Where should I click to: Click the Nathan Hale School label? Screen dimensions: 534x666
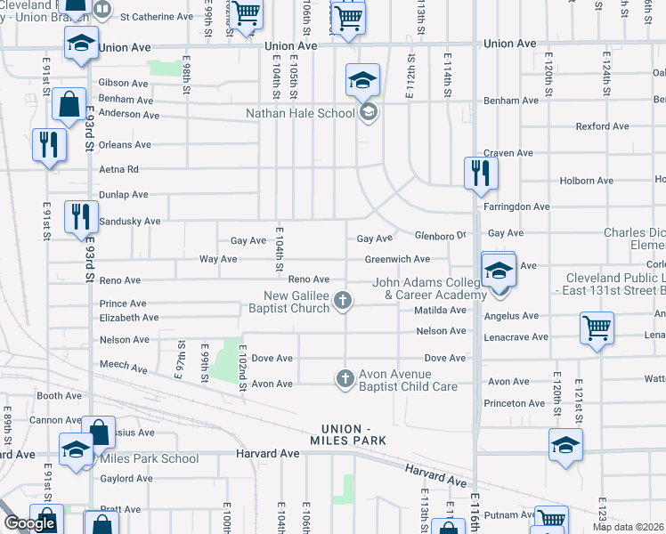point(300,113)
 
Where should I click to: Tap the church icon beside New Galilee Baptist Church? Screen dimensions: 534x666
point(342,303)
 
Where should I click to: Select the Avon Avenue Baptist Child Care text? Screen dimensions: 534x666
point(408,380)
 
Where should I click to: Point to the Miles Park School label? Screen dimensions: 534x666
point(149,458)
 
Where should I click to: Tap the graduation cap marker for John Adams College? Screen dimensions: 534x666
point(499,271)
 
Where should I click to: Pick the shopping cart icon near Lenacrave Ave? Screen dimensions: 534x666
point(597,327)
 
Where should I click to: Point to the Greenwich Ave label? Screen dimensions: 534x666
point(397,259)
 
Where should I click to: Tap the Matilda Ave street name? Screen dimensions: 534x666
point(440,311)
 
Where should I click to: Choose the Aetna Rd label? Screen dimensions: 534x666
point(119,169)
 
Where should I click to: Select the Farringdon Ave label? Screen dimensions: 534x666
point(516,206)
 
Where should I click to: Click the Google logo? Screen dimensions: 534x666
point(29,524)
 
